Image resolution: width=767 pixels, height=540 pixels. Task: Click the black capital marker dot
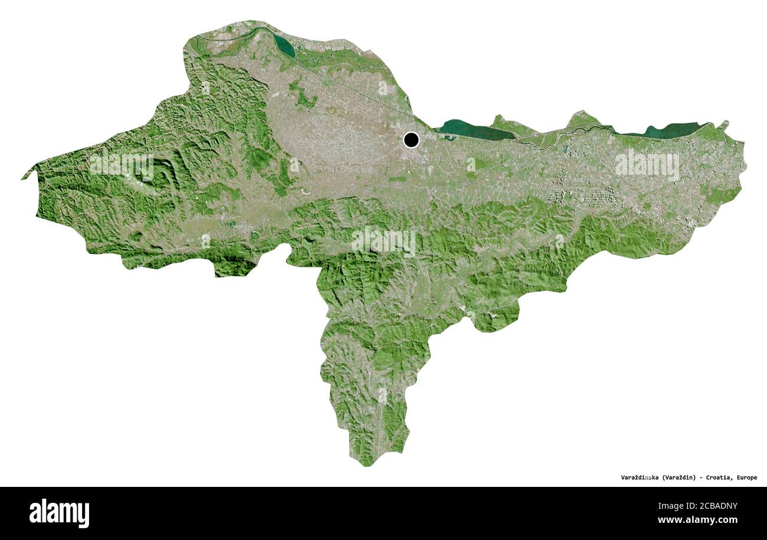411,140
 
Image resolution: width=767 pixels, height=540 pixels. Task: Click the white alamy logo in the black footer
59,513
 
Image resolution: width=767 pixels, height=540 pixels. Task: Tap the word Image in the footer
667,506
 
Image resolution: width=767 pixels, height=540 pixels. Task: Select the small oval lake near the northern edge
284,46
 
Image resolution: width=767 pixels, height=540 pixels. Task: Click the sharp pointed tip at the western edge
24,178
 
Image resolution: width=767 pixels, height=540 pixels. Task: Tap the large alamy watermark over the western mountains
122,165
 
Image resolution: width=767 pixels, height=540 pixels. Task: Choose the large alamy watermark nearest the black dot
383,241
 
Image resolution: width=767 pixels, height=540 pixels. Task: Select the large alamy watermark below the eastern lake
647,165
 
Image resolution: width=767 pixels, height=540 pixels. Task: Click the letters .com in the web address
727,520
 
